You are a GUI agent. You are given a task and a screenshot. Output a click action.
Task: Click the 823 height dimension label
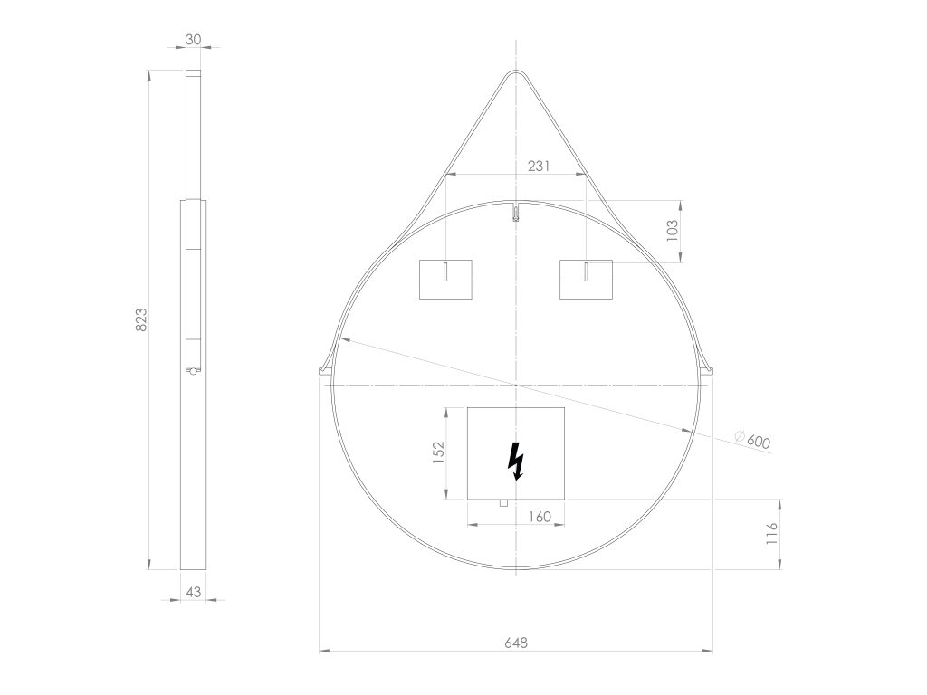coord(141,319)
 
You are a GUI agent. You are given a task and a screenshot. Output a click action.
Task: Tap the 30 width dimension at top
coord(194,40)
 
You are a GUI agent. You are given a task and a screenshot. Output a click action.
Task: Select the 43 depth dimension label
coord(194,592)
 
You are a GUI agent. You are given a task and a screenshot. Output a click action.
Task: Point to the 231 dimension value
coord(539,167)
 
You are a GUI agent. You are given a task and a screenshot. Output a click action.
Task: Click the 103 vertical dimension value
coord(672,231)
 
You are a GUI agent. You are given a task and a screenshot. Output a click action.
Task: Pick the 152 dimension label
coord(438,452)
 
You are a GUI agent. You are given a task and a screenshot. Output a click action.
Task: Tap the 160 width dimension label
coord(540,517)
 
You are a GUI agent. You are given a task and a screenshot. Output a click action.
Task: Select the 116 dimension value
coord(771,534)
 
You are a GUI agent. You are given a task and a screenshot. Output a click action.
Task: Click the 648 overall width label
coord(516,643)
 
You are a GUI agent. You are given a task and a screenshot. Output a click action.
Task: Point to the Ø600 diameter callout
coord(752,440)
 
